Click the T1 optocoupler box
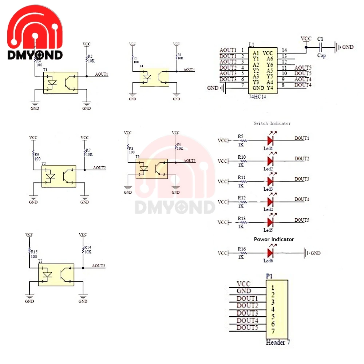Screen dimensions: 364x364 pos(60,82)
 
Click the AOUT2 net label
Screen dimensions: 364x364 pos(99,168)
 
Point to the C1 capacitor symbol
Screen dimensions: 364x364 pos(321,47)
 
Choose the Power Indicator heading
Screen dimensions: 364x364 pos(274,239)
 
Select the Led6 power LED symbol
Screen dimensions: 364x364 pos(270,253)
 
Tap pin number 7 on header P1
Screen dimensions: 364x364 pos(272,331)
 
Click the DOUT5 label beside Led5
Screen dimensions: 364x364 pos(302,220)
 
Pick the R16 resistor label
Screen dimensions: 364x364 pos(242,249)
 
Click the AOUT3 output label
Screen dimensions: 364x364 pos(98,266)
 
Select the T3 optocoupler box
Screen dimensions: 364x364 pos(56,274)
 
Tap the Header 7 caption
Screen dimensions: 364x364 pos(278,342)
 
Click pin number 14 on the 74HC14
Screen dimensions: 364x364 pos(284,50)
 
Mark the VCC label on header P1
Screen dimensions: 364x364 pos(244,284)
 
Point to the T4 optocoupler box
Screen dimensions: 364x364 pos(154,77)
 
